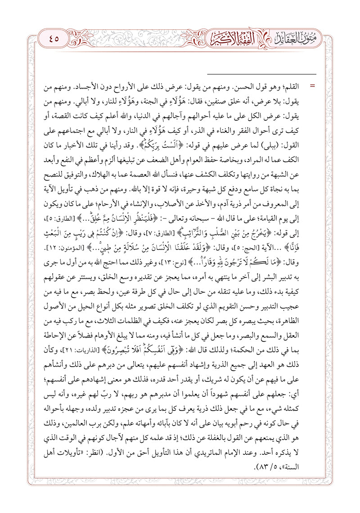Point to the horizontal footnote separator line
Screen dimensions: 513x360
261,73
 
